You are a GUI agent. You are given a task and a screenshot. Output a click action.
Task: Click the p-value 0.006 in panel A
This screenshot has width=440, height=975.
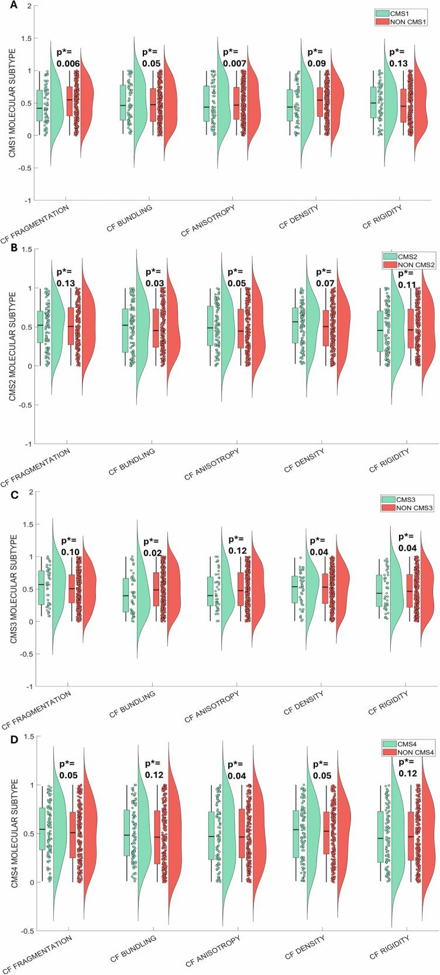[x=67, y=63]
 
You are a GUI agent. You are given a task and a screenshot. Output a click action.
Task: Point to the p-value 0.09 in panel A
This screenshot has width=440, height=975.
[x=319, y=63]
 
